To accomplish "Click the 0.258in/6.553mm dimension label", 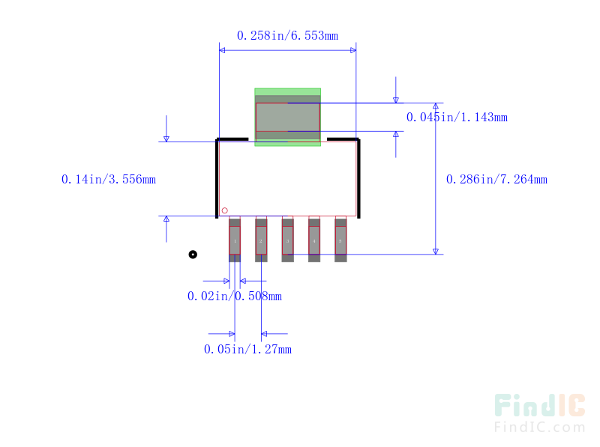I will (287, 35).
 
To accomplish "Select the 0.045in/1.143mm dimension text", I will (457, 117).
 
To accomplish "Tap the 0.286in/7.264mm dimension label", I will (496, 179).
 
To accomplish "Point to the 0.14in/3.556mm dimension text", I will (108, 179).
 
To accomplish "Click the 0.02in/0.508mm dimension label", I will (234, 296).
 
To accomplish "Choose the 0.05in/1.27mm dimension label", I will (247, 349).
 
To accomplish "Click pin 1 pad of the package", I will (235, 240).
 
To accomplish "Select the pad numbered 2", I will (261, 240).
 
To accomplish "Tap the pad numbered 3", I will (287, 240).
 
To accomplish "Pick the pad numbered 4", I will (314, 240).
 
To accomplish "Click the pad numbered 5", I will (340, 240).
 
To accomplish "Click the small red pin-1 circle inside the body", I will (224, 210).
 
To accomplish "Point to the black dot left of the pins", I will (193, 255).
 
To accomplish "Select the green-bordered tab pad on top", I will (287, 117).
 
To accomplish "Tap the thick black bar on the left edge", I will (217, 178).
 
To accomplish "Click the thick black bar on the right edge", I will (358, 178).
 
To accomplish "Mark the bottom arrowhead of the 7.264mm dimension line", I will (435, 250).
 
